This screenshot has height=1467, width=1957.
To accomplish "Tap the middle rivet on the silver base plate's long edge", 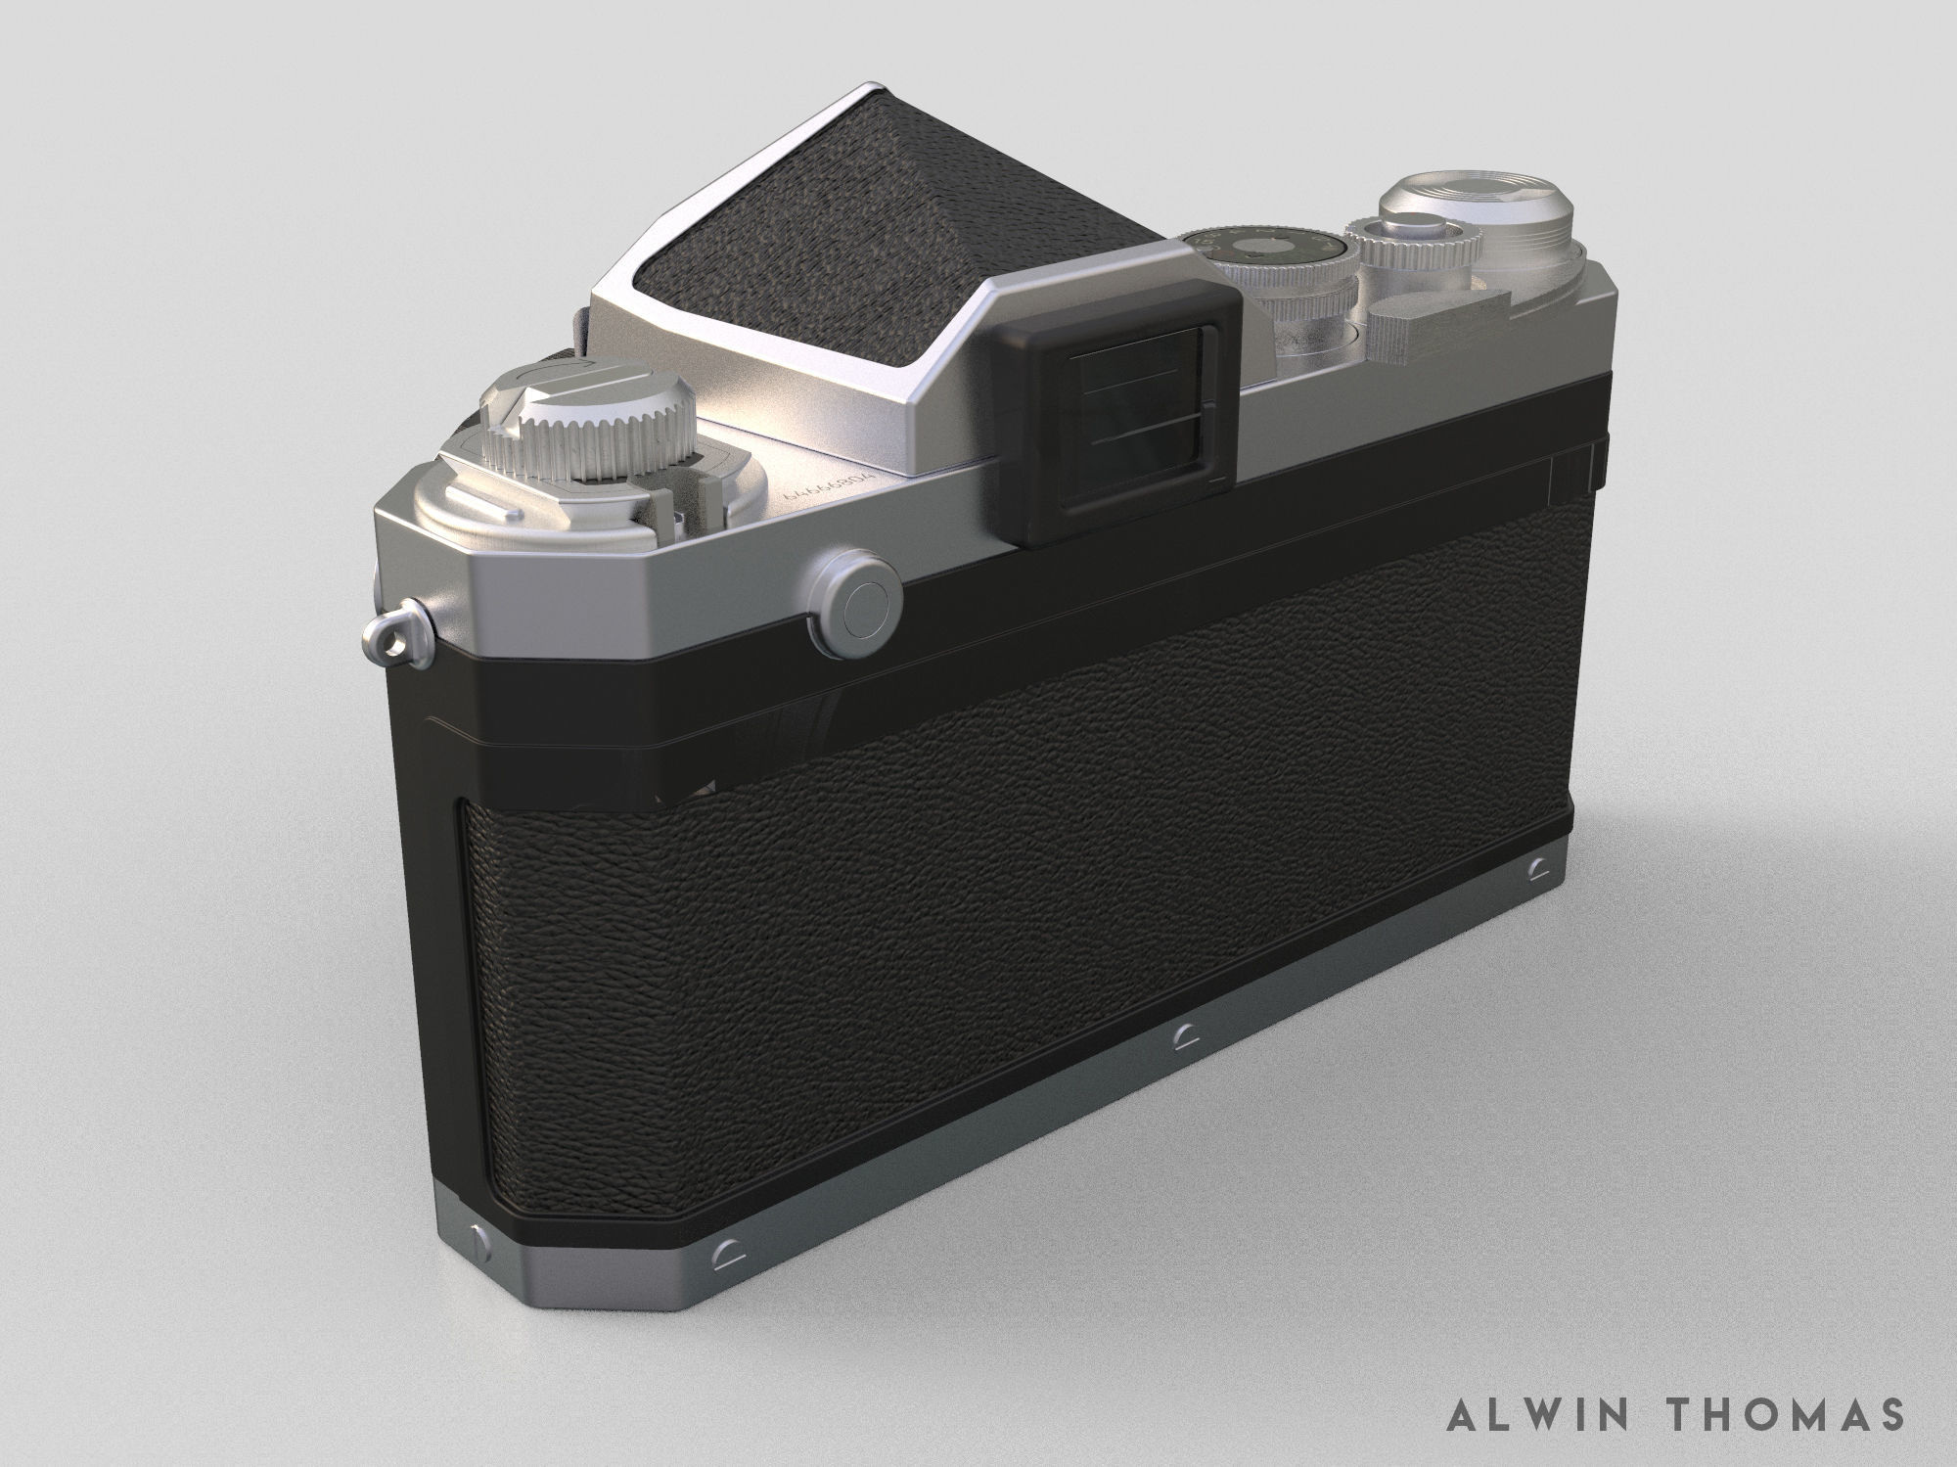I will pos(1186,1060).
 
